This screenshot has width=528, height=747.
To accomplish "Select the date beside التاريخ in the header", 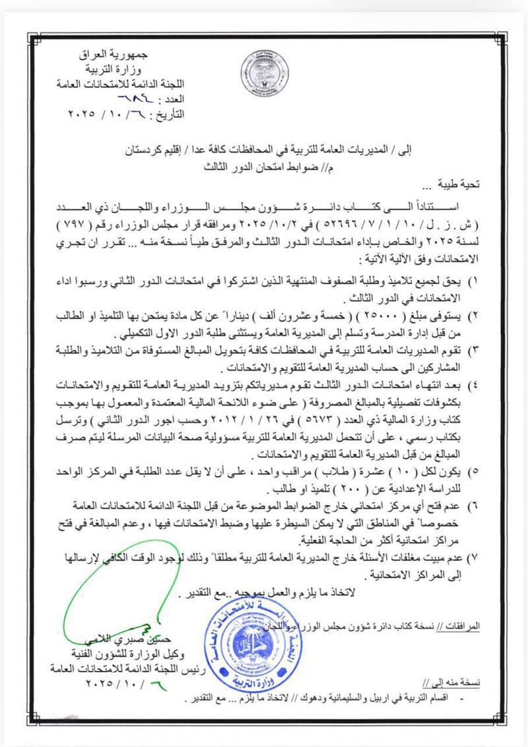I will click(x=108, y=114).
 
